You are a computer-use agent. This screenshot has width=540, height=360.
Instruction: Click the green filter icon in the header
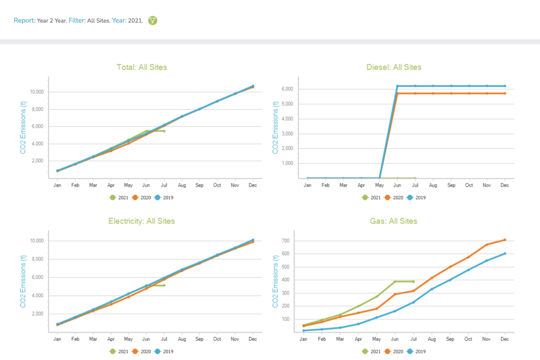coord(153,20)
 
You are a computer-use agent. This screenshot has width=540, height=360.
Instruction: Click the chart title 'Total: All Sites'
coord(142,67)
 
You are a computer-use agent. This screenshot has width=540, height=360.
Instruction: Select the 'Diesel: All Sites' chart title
coord(394,67)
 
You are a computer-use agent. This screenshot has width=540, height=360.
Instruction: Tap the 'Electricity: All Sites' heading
coord(142,221)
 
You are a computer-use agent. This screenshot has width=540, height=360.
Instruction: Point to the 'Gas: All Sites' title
coord(393,221)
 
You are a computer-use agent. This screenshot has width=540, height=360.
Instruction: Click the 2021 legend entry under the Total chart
coord(119,197)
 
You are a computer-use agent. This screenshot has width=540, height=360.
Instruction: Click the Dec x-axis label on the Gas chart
coord(505,339)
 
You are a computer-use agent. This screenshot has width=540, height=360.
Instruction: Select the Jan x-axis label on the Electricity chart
coord(58,339)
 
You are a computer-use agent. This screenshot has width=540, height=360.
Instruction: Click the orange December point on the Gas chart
coord(505,240)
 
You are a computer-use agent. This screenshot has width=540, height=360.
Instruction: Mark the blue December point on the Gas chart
coord(505,253)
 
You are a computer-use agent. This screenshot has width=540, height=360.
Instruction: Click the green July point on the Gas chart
coord(413,281)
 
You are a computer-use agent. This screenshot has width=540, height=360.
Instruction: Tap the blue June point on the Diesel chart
coord(397,86)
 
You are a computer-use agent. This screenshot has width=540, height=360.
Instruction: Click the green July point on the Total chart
coord(164,131)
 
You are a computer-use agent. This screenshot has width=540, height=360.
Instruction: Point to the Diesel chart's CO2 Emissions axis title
coord(276,127)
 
